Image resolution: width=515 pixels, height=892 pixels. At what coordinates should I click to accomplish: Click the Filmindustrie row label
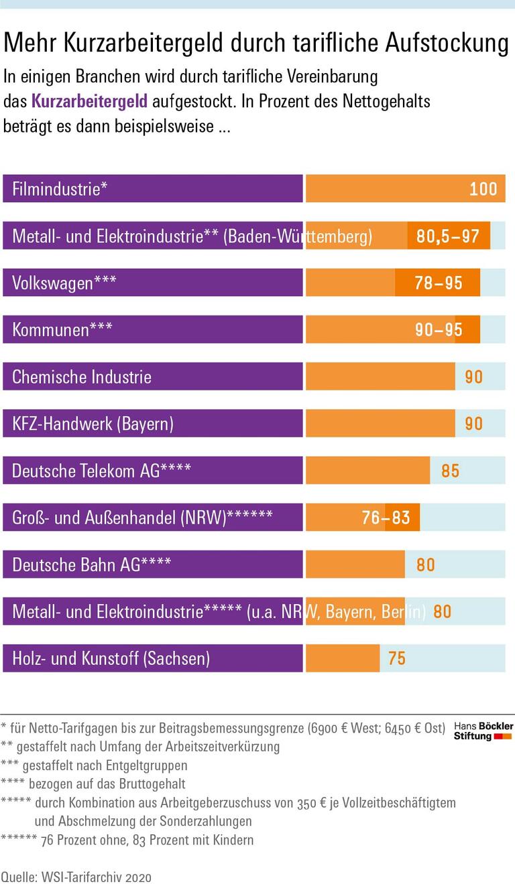[60, 189]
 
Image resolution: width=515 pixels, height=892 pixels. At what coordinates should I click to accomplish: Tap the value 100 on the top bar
[483, 189]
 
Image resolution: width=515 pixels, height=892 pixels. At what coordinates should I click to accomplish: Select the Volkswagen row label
[64, 283]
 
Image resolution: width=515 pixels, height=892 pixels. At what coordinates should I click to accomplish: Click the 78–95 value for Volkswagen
[439, 283]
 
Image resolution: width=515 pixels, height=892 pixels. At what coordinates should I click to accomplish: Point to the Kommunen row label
[62, 329]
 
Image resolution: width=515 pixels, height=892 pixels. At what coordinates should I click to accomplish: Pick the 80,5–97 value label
[447, 236]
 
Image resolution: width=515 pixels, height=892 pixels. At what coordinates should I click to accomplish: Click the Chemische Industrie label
[82, 376]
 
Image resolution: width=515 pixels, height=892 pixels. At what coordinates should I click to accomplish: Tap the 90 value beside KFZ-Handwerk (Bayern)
[473, 423]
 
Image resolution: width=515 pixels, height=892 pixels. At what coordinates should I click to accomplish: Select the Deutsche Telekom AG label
[101, 470]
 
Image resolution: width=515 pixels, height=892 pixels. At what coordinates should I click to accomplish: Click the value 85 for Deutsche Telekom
[450, 470]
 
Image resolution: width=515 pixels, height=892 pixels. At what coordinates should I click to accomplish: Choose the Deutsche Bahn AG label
[91, 564]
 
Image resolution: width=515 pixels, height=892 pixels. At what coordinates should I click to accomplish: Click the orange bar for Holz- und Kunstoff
[342, 658]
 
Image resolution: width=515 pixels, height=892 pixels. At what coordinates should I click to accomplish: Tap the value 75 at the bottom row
[397, 658]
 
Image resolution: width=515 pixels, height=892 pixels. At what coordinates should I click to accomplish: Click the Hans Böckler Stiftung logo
[483, 731]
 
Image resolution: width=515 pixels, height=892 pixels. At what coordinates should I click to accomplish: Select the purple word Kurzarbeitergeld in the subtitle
[89, 102]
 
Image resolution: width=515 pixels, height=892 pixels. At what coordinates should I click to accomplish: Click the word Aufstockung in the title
[447, 44]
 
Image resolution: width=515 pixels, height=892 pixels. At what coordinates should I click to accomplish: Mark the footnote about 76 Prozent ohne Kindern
[127, 840]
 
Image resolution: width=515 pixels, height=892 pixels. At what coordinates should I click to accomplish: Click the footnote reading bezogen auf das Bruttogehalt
[94, 784]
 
